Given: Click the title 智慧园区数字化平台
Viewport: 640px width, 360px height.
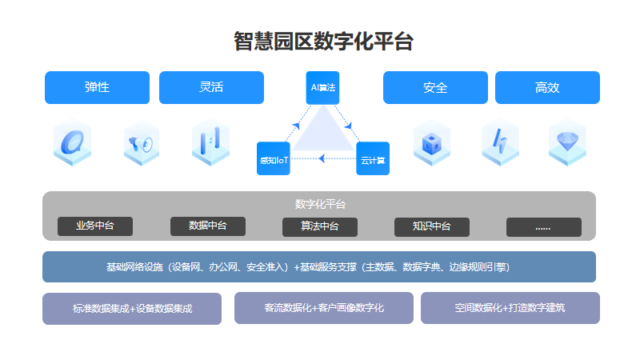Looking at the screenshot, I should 323,42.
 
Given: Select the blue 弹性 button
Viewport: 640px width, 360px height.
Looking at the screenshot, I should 97,87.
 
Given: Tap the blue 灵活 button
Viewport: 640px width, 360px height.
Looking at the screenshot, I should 211,87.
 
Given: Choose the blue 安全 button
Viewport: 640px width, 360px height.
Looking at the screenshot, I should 435,87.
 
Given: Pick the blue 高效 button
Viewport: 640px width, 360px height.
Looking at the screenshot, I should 547,87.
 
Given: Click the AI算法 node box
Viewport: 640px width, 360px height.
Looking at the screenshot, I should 323,87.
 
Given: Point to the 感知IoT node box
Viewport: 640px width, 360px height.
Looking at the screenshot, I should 273,158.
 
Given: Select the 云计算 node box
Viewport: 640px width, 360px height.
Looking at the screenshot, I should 373,158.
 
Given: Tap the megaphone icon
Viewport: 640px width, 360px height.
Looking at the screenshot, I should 142,145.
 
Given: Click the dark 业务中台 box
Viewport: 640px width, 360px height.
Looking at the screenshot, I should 95,226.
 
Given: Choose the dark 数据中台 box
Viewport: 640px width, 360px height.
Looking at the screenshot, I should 207,226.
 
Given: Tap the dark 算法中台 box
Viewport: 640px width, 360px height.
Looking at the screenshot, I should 319,226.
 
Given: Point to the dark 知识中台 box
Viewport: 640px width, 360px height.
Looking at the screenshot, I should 431,226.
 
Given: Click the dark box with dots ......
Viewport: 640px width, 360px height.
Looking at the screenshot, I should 543,227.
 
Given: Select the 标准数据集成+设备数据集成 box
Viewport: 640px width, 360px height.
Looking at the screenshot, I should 132,308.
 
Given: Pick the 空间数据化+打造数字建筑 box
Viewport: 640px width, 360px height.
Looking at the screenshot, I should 510,307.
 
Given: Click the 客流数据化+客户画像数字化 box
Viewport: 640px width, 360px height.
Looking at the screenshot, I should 323,307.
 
